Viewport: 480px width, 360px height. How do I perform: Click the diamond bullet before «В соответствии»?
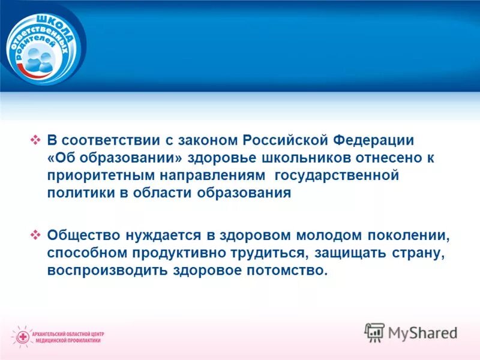[35, 140]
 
